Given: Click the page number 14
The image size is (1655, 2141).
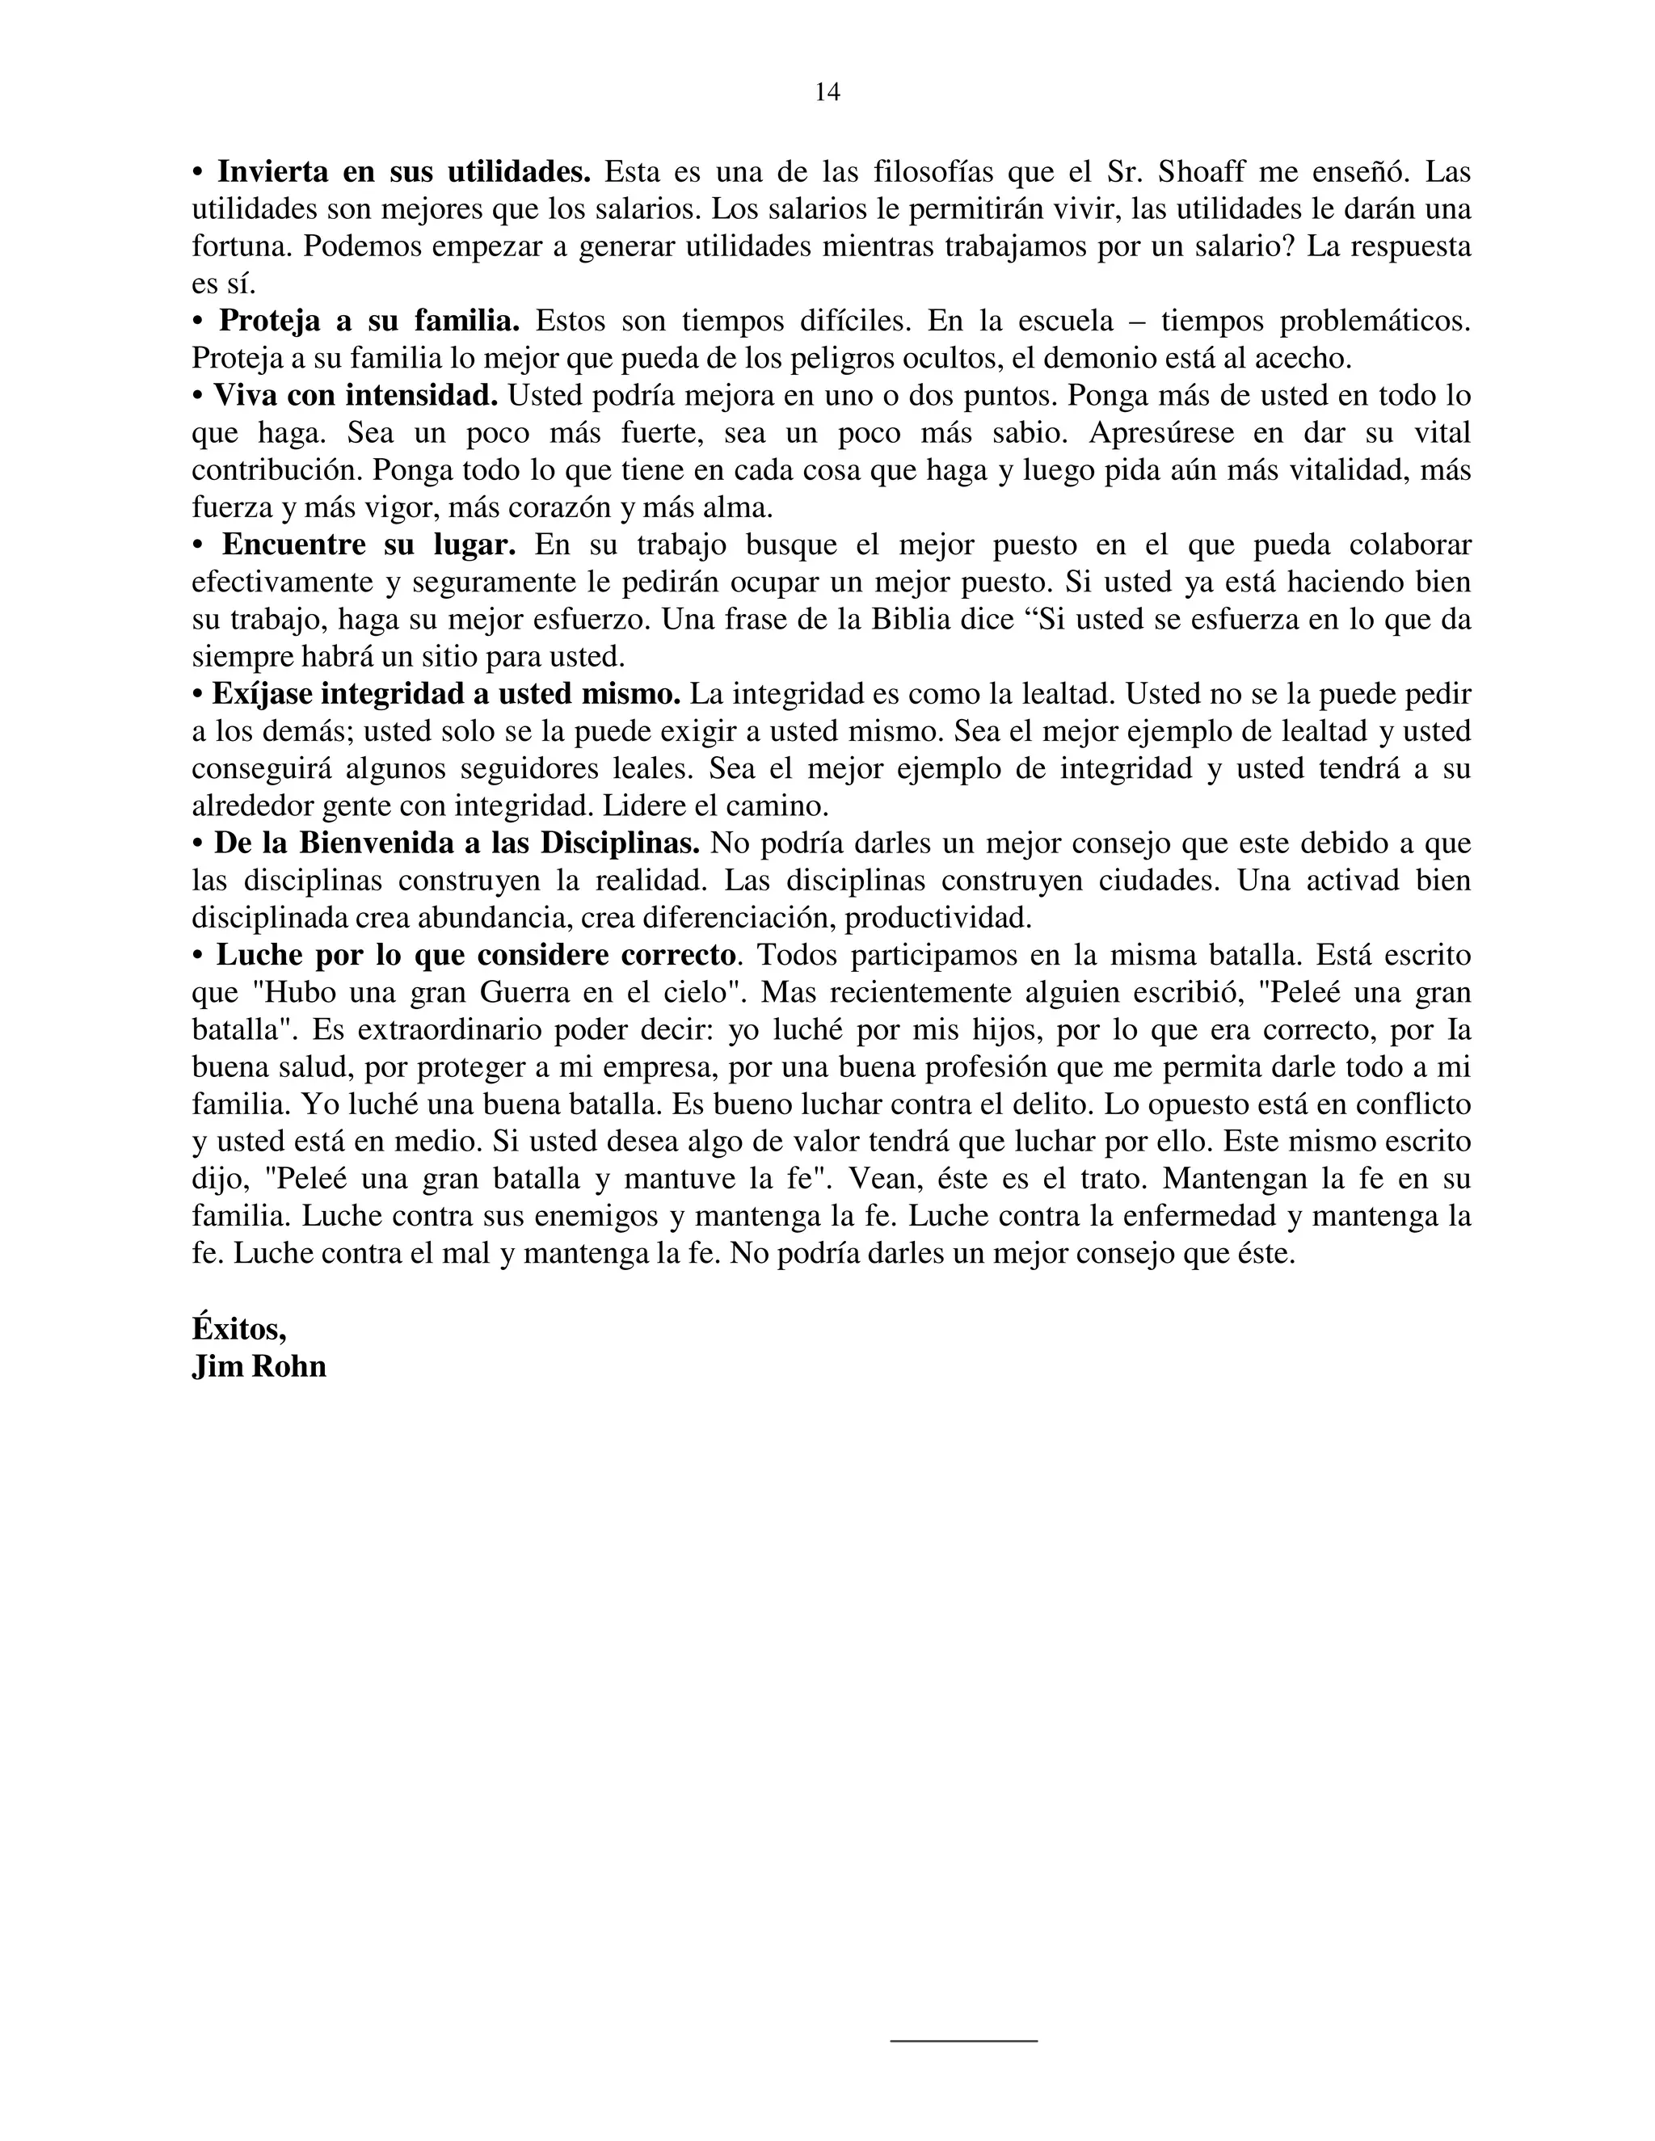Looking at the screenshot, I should tap(827, 92).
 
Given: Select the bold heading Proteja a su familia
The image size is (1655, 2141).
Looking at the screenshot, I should tap(368, 321).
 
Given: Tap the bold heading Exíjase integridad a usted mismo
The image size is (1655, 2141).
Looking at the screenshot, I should tap(446, 694).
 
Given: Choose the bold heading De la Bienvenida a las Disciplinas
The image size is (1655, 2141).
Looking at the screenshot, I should tap(457, 843).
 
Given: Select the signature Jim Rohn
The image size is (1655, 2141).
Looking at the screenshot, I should tap(259, 1365).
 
